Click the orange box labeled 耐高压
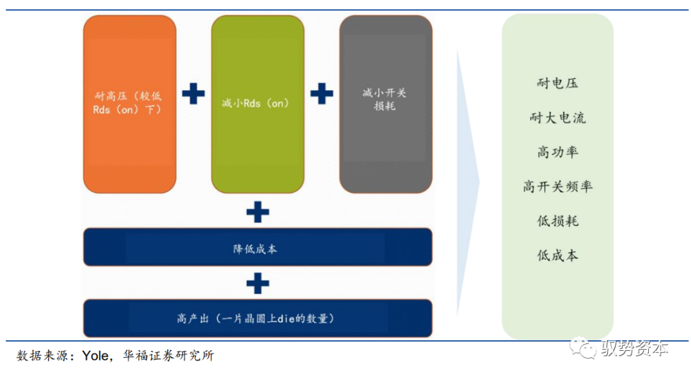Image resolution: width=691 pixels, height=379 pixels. (x=129, y=104)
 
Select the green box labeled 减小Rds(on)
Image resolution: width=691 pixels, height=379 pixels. (x=257, y=104)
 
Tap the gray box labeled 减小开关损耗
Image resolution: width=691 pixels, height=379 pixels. (x=385, y=104)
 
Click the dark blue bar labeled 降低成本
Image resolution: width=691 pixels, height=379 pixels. (x=257, y=247)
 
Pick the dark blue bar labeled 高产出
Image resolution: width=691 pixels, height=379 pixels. (x=257, y=318)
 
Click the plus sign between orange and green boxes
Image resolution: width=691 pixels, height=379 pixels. (x=193, y=94)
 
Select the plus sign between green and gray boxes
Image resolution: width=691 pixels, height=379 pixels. (x=322, y=94)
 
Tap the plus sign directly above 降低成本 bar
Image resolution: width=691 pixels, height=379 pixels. (x=257, y=212)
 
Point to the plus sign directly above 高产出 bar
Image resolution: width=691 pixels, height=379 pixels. (x=257, y=282)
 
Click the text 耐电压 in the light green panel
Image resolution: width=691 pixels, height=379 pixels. (x=558, y=83)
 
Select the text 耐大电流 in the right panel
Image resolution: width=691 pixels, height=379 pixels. (x=558, y=118)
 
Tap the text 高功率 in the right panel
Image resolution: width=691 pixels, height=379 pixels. (x=558, y=152)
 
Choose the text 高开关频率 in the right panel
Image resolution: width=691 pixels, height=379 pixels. (x=558, y=187)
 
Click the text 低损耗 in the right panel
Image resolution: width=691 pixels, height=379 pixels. (x=558, y=221)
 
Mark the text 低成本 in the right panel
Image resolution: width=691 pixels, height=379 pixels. (x=558, y=256)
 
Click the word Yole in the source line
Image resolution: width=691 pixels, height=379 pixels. (x=96, y=356)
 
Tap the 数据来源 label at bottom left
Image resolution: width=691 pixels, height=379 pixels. (x=40, y=356)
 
